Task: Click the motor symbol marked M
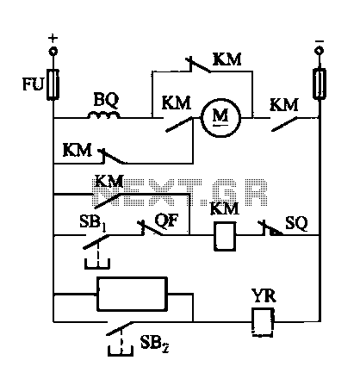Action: [x=220, y=118]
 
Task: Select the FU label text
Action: [x=33, y=84]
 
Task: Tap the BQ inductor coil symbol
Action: [x=103, y=115]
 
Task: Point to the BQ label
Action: [x=106, y=100]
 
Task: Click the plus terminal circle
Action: [x=53, y=51]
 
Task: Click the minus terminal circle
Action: [x=319, y=51]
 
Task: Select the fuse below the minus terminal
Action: [x=320, y=84]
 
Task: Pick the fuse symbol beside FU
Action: [x=53, y=84]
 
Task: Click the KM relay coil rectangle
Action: [x=225, y=236]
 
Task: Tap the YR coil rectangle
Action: [x=263, y=322]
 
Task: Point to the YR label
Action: [x=264, y=295]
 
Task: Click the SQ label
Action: [x=296, y=223]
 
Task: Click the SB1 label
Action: [x=93, y=223]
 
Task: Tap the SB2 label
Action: [x=154, y=344]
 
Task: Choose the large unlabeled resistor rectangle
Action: [x=132, y=294]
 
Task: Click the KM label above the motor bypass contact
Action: [x=227, y=59]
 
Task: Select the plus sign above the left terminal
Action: [x=53, y=38]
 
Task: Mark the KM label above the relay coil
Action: [x=225, y=208]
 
